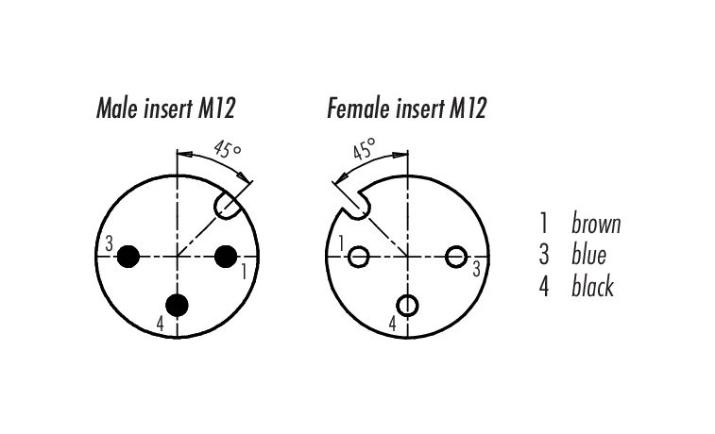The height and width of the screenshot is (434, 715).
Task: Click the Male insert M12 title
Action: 165,108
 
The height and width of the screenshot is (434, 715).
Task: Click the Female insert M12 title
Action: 407,108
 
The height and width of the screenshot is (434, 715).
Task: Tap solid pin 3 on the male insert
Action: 128,257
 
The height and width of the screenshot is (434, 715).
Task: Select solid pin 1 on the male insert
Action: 226,257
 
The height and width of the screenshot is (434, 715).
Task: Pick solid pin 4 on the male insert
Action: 177,305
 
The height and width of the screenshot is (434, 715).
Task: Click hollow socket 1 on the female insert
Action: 358,257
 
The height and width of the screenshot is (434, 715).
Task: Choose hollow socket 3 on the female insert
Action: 455,257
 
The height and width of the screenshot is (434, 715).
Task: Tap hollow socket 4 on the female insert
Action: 407,306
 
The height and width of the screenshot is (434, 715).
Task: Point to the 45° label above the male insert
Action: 227,148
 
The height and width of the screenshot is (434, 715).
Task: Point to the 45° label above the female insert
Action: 365,148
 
